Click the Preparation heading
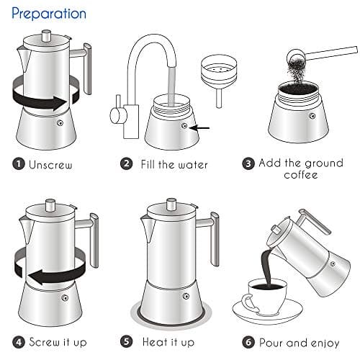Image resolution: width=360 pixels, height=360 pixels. point(49,14)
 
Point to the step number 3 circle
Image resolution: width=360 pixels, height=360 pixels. point(248,164)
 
